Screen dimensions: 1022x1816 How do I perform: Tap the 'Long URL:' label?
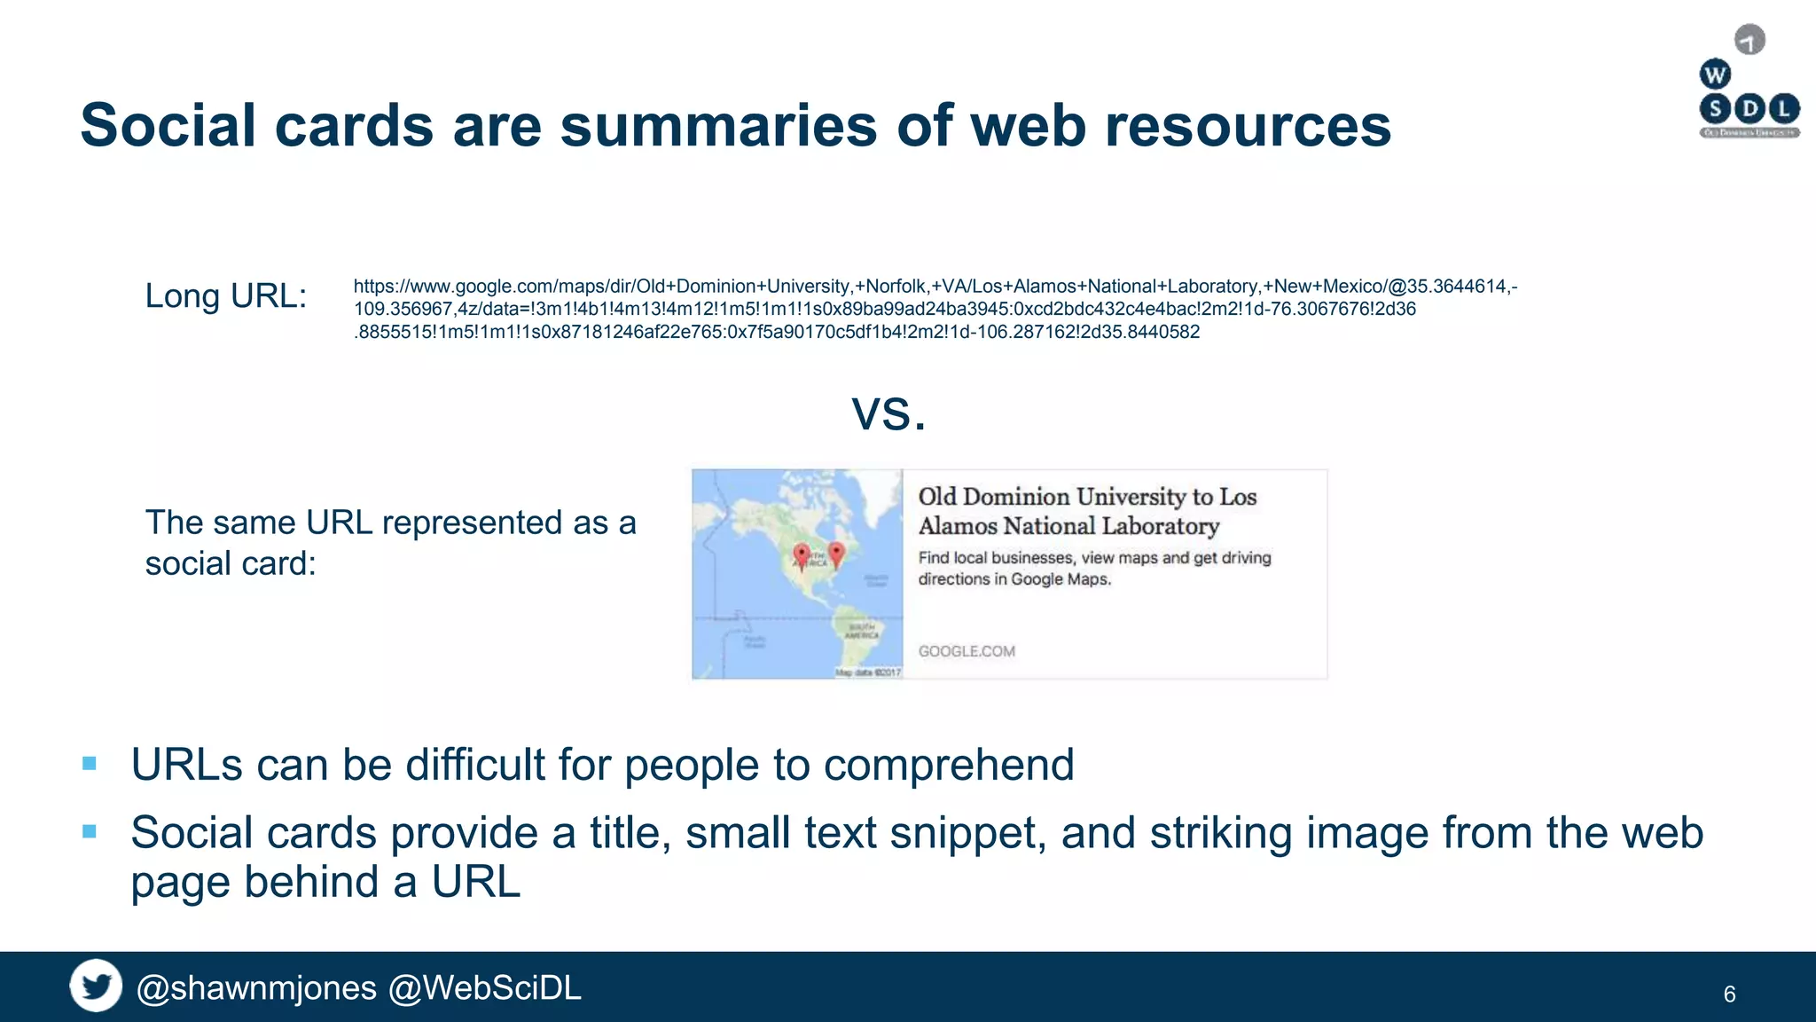pos(225,296)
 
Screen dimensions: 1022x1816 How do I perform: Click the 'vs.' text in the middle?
pos(889,413)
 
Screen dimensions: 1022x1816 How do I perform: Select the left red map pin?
pos(802,554)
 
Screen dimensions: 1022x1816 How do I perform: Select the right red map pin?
pos(835,553)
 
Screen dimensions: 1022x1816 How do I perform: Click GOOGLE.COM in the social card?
pos(967,651)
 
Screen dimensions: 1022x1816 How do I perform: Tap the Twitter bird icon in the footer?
pos(96,986)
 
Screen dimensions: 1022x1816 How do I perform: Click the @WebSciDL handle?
pos(485,988)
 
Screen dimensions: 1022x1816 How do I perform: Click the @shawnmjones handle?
pos(256,988)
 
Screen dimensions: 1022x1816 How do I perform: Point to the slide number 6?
pos(1729,994)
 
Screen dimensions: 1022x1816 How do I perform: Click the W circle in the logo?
pos(1715,75)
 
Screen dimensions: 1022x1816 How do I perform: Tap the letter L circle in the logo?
pos(1784,109)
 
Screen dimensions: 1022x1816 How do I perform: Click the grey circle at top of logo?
pos(1749,40)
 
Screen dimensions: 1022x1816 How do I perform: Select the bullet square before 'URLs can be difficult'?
pos(89,763)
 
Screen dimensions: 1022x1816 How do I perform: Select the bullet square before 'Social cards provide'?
pos(89,831)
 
